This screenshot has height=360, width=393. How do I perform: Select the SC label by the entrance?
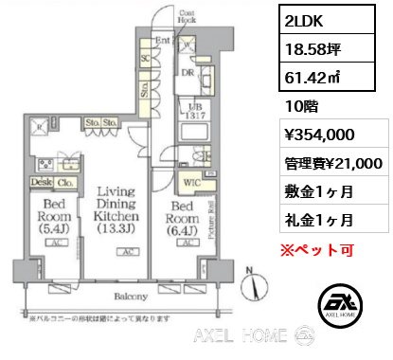145,58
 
